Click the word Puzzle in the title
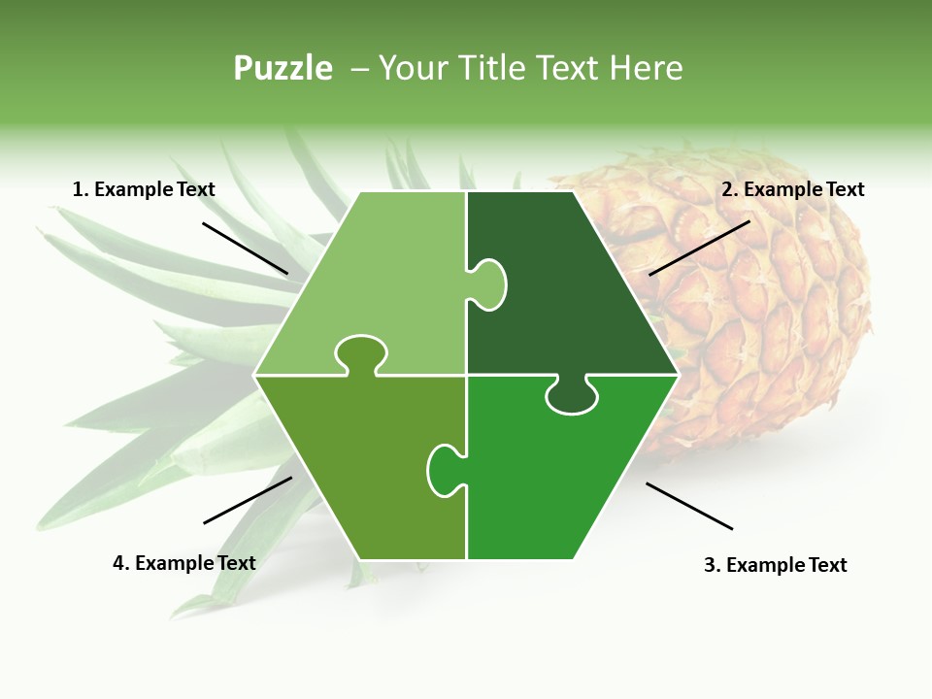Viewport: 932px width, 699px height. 283,68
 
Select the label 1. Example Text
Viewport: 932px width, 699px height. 144,189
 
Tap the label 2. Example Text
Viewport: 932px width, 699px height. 792,189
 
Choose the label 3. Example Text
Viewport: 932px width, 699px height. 775,565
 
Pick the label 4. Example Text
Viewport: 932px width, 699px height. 183,563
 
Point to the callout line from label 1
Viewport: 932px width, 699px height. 245,248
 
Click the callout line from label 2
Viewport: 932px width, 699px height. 699,248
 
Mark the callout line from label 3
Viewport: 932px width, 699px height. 689,506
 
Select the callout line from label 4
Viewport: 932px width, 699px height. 248,500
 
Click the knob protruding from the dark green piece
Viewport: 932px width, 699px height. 490,283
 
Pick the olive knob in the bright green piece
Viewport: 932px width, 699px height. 445,469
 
